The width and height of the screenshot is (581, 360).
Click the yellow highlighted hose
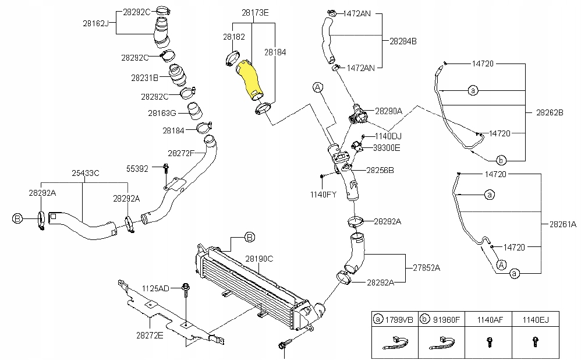tap(249, 80)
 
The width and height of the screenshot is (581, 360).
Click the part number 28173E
tap(255, 13)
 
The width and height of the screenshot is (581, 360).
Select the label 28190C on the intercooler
tap(259, 259)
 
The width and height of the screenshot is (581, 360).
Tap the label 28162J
tap(95, 23)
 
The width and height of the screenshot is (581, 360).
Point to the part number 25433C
tap(85, 173)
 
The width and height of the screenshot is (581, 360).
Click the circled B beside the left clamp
tap(17, 219)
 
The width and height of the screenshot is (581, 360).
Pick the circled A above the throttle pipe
tap(317, 87)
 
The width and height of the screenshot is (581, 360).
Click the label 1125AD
tap(155, 288)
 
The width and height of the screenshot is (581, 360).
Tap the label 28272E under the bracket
tap(150, 336)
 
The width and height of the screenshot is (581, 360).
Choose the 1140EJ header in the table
tap(536, 320)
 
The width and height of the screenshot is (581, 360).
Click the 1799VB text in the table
tap(399, 320)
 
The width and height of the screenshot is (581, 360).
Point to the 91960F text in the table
tap(446, 320)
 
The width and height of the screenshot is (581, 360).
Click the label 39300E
tap(387, 148)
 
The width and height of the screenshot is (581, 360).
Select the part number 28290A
tap(388, 111)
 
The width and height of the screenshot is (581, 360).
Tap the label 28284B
tap(403, 41)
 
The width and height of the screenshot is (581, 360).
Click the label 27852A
tap(427, 268)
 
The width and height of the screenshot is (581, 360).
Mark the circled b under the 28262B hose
tap(501, 161)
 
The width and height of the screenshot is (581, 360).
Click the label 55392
tap(137, 169)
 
